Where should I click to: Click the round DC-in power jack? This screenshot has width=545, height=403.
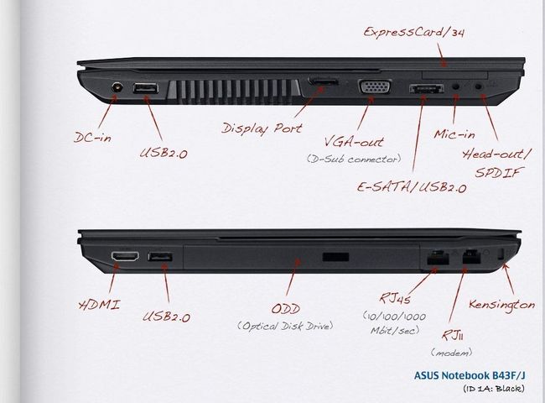117,86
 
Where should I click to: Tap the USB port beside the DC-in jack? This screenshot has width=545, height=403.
146,88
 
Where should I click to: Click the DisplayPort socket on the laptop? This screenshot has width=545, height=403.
323,82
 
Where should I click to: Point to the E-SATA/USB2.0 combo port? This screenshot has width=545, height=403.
427,89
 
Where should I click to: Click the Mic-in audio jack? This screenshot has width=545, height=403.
456,86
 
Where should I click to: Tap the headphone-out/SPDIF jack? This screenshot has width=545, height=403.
480,86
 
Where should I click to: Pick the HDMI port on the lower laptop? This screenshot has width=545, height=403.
125,256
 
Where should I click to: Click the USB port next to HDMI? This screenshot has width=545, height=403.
160,257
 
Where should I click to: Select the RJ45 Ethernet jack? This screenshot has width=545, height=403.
438,258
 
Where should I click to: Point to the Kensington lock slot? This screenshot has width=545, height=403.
501,254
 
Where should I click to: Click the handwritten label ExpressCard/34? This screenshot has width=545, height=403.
414,32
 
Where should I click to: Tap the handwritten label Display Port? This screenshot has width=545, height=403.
262,128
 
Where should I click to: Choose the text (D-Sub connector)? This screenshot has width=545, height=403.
354,159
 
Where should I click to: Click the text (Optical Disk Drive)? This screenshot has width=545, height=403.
285,326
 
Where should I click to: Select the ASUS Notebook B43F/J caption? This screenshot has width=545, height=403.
470,375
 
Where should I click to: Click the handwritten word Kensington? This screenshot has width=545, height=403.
502,304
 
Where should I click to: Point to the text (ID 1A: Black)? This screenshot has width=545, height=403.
494,389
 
